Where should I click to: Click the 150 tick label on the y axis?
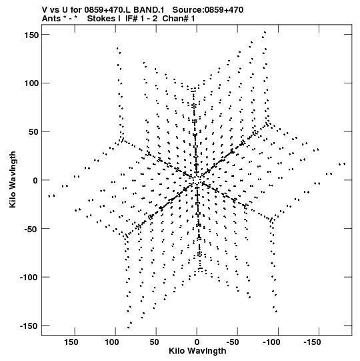click(31, 35)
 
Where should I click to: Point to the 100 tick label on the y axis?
click(31, 83)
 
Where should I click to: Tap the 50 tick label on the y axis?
click(33, 132)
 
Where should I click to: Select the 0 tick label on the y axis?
click(35, 180)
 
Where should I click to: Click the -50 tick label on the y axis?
click(31, 229)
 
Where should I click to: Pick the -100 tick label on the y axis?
click(29, 278)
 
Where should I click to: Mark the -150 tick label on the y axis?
click(29, 326)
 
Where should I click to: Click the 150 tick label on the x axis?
click(71, 342)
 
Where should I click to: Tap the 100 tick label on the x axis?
click(112, 342)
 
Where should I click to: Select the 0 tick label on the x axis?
click(197, 342)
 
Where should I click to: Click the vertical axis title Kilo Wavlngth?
click(13, 179)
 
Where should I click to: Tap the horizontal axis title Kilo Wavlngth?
click(197, 350)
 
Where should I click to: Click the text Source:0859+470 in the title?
click(208, 10)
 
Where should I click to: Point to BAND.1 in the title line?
click(149, 10)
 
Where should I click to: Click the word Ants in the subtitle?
click(51, 19)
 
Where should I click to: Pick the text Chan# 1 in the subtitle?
click(179, 19)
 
